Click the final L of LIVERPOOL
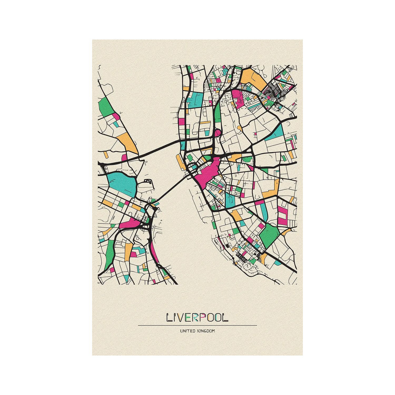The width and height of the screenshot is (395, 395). (225, 318)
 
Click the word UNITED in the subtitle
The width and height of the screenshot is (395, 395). (188, 331)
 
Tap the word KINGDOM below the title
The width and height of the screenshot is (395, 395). (206, 331)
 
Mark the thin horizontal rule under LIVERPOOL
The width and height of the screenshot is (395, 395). (197, 325)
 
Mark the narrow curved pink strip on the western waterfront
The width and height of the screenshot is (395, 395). (155, 254)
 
